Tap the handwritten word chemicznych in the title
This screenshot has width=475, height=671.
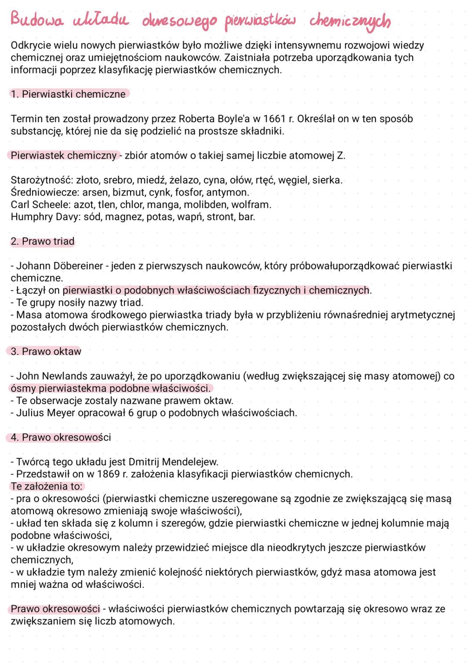pyautogui.click(x=350, y=21)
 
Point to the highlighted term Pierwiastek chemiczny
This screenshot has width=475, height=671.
pyautogui.click(x=63, y=156)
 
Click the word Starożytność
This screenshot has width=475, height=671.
pyautogui.click(x=41, y=180)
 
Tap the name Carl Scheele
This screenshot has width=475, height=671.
pyautogui.click(x=40, y=205)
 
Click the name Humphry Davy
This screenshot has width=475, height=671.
pyautogui.click(x=46, y=217)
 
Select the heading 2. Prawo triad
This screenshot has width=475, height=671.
pyautogui.click(x=43, y=242)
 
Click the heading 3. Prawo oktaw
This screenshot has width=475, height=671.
pyautogui.click(x=46, y=352)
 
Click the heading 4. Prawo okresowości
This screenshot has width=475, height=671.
pyautogui.click(x=61, y=438)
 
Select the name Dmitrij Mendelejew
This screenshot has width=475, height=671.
pyautogui.click(x=173, y=462)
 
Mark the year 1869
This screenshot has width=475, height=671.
pyautogui.click(x=108, y=474)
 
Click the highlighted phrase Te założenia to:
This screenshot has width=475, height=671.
pyautogui.click(x=47, y=486)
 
